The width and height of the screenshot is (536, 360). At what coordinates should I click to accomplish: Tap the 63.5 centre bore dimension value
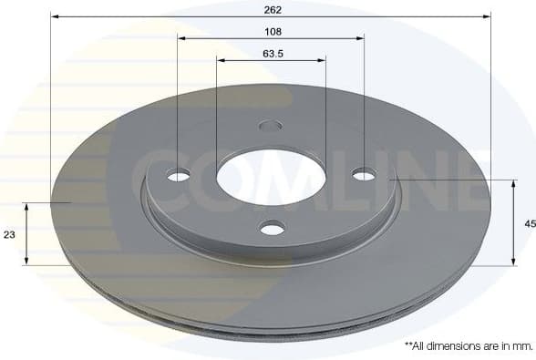click(x=271, y=53)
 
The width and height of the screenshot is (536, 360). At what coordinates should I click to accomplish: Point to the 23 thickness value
click(x=10, y=234)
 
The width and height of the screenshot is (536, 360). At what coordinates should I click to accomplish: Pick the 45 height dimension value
click(x=528, y=223)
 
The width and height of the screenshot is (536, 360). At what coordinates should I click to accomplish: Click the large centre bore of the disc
click(x=271, y=176)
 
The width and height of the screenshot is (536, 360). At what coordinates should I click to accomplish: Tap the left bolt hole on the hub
click(x=179, y=175)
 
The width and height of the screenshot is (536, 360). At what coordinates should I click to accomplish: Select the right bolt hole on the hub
click(x=364, y=174)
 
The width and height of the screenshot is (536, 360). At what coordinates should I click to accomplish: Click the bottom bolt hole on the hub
click(x=272, y=227)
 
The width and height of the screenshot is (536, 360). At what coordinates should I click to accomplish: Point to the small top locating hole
click(x=271, y=126)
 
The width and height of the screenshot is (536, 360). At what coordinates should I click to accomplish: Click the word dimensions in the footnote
click(x=452, y=346)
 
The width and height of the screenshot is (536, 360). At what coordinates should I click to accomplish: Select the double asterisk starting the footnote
click(x=407, y=345)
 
